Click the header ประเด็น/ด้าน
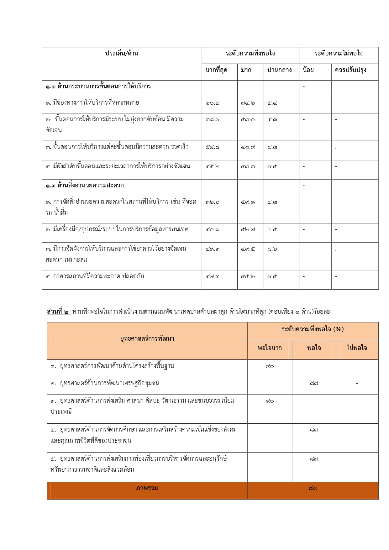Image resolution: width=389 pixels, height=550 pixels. pos(122,54)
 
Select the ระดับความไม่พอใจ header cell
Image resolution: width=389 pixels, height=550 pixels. pos(339,54)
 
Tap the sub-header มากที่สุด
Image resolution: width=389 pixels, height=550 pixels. pos(216,70)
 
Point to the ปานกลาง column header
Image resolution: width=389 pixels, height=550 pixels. pos(279,70)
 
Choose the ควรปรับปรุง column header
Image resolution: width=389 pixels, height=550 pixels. pos(350,70)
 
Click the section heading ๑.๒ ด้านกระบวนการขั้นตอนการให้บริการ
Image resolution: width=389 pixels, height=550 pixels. pos(98,86)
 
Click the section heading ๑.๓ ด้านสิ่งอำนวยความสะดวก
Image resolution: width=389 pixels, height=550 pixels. pos(85,186)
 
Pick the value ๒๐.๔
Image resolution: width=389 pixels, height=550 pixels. pos(213,103)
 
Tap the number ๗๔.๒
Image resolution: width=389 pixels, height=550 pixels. pos(248,103)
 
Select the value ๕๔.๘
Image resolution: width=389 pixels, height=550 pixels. pos(213,147)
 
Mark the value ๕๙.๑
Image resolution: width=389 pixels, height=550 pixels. pos(248,202)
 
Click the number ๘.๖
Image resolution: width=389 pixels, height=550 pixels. pos(272,249)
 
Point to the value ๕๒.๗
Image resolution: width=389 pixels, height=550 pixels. pos(248,230)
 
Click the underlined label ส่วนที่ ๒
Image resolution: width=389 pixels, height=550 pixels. pos(58,312)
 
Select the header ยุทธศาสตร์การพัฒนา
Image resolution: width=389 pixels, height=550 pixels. pos(147,339)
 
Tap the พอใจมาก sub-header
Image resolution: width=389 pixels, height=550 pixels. pos(270,348)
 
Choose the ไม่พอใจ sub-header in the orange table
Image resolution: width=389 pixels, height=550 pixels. pos(357,348)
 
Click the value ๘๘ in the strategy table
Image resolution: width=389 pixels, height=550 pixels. pos(314,384)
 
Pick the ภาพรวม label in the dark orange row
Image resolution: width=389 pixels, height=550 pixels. pos(147,488)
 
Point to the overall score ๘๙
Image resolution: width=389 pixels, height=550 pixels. pos(313,488)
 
